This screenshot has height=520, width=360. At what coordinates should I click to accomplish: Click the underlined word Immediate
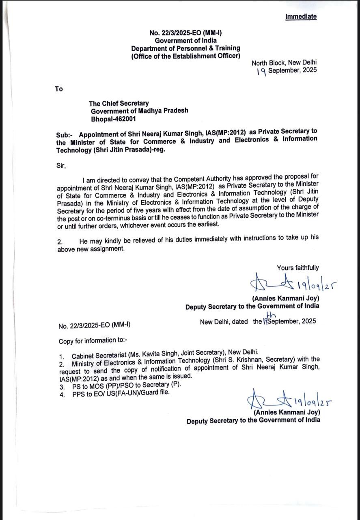[301, 17]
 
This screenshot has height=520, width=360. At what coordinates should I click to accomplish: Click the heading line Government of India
[185, 40]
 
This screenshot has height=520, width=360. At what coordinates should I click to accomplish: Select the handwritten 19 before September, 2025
[262, 71]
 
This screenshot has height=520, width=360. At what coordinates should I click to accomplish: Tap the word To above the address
[59, 89]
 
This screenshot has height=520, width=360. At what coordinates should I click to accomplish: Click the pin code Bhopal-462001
[113, 119]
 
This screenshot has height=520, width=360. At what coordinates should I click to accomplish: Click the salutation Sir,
[61, 165]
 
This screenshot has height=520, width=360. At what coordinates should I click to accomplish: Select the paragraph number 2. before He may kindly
[60, 241]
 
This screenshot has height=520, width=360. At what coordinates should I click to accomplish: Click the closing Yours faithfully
[297, 268]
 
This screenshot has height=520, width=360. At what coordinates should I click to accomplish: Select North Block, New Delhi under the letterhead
[284, 63]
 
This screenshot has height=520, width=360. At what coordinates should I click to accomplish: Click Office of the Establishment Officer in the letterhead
[185, 56]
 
